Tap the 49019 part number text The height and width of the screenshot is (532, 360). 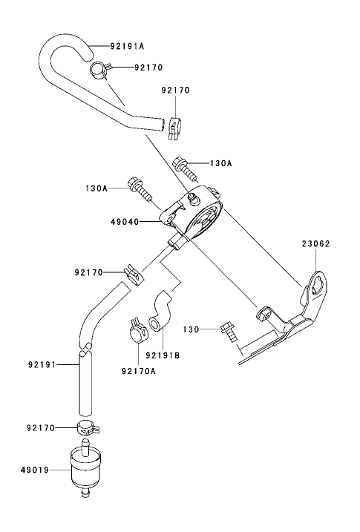point(34,469)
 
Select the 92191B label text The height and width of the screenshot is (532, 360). point(163,355)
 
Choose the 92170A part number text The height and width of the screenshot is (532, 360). point(138,370)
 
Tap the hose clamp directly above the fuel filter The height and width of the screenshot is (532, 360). point(87,428)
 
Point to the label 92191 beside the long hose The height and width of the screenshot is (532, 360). point(42,364)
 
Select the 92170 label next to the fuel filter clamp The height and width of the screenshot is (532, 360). point(42,428)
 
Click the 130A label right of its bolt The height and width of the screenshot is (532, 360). point(222,162)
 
